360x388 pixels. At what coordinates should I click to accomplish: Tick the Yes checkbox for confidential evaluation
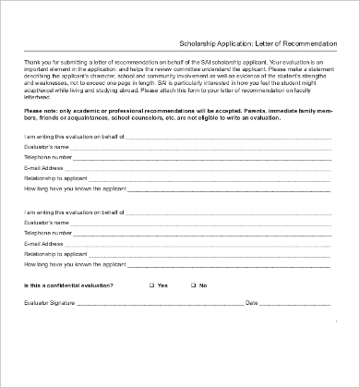(152, 285)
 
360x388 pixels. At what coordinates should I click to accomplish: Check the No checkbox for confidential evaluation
(193, 285)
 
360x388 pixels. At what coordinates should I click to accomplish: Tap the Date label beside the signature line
(251, 302)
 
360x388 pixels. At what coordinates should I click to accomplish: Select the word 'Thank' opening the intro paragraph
(32, 60)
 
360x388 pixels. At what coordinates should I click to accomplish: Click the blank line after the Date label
(295, 304)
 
